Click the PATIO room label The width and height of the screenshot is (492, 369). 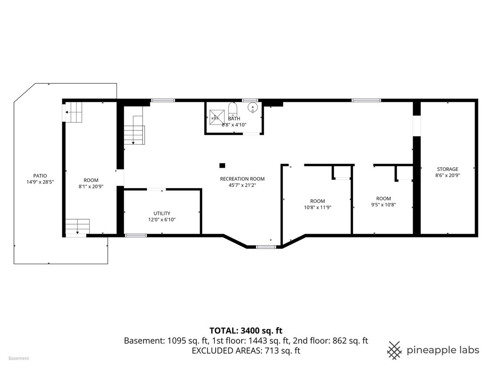coord(40,176)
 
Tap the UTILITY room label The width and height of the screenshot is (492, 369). coord(162,214)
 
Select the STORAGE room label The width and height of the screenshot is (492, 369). coord(448,169)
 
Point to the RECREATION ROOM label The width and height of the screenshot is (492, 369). coord(242,179)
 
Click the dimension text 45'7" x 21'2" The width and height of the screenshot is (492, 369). coord(242,185)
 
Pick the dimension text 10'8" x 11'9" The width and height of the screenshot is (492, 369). coord(318,208)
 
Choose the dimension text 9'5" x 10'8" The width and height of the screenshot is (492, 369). coord(383,205)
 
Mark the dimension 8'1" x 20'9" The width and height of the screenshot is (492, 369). coord(91,187)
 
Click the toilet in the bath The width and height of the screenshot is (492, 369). coord(233,109)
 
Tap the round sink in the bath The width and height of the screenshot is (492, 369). coord(253,107)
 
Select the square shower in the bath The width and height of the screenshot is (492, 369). coord(217,117)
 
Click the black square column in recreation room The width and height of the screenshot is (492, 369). coord(222,166)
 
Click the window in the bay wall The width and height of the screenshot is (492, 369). coord(266,247)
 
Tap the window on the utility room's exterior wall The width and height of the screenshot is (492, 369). coord(136,236)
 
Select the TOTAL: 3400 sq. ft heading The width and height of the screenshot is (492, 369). coord(246,331)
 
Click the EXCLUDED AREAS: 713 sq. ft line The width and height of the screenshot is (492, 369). coord(246,351)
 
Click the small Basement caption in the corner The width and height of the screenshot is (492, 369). coord(19,358)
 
